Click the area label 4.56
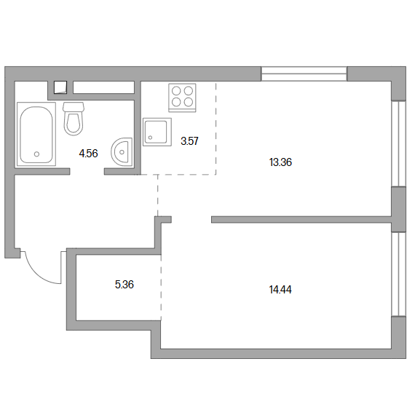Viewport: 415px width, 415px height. [88, 154]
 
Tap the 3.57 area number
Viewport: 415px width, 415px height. [189, 141]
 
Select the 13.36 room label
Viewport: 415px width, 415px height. [280, 162]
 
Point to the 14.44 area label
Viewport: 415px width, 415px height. [280, 290]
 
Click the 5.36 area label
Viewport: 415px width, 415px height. [125, 285]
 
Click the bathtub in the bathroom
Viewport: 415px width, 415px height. [36, 135]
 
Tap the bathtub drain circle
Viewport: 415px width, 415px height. [37, 154]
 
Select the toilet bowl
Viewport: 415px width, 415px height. [74, 124]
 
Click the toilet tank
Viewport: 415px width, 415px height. [74, 107]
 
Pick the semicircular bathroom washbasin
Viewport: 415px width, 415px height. [122, 152]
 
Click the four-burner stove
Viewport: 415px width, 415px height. [182, 98]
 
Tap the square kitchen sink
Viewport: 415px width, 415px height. [157, 132]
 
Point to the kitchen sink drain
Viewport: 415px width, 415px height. [150, 138]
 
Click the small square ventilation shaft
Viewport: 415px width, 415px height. [60, 87]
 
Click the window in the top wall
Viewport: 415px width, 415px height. [304, 74]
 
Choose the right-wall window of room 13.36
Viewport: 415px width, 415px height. [398, 143]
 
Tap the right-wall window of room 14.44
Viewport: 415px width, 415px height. [398, 274]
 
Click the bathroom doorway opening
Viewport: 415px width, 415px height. [87, 172]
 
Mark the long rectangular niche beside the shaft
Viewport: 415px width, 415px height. [103, 87]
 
